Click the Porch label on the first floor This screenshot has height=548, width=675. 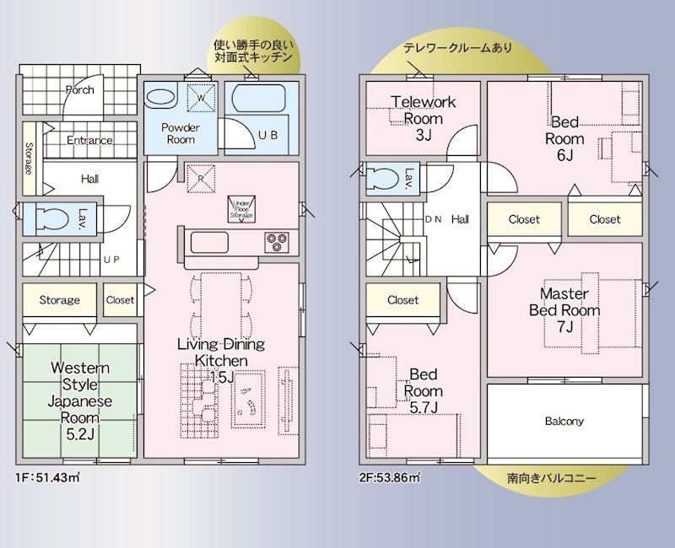pyautogui.click(x=79, y=90)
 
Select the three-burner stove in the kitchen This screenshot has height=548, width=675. pyautogui.click(x=276, y=242)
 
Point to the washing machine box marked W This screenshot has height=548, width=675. pyautogui.click(x=201, y=94)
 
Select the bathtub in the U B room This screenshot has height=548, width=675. pyautogui.click(x=258, y=99)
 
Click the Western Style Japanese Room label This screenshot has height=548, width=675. pyautogui.click(x=80, y=392)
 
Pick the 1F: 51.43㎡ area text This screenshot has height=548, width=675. pyautogui.click(x=47, y=478)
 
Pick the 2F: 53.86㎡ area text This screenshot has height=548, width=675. pyautogui.click(x=391, y=478)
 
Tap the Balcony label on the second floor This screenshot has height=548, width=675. pyautogui.click(x=564, y=422)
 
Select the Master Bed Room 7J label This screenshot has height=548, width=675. pyautogui.click(x=564, y=309)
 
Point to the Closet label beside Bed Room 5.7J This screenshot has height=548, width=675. pyautogui.click(x=403, y=300)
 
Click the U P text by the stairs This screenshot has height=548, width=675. pyautogui.click(x=111, y=260)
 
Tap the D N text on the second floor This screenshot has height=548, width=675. pyautogui.click(x=433, y=219)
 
